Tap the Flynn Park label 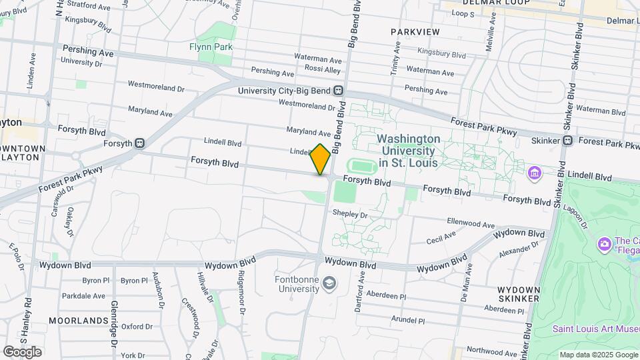211,47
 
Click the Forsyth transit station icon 140,142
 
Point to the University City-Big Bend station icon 339,91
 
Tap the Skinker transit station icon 567,141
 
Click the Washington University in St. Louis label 408,151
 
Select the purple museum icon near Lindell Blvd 534,174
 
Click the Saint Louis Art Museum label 595,328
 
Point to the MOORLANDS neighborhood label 79,321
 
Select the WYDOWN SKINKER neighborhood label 518,294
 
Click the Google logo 22,351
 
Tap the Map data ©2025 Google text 599,355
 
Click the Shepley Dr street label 350,215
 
